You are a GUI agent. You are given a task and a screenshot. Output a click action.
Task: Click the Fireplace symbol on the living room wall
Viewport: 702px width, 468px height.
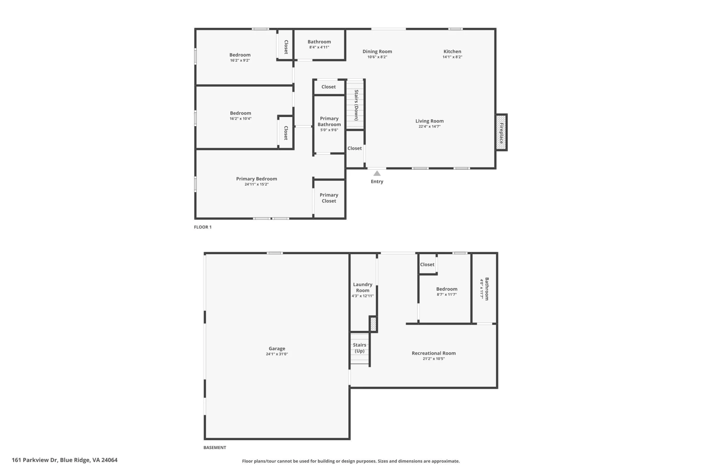tap(501, 132)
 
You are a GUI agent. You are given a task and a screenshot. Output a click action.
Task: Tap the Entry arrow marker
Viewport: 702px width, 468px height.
tap(377, 173)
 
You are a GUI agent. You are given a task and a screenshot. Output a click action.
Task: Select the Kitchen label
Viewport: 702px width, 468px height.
tap(452, 52)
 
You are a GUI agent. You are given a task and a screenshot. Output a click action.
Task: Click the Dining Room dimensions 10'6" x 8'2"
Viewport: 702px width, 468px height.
tap(377, 57)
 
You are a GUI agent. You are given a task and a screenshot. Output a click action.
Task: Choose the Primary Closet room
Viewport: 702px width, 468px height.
tap(329, 198)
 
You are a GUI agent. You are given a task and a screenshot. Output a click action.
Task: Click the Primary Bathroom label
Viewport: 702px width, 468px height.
tap(329, 121)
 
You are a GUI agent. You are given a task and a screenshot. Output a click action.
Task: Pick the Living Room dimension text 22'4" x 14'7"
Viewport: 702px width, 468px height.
tap(430, 127)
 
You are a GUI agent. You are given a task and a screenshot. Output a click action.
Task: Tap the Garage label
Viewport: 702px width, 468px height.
tap(277, 348)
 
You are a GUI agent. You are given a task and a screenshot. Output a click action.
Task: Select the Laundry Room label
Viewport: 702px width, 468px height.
tap(363, 287)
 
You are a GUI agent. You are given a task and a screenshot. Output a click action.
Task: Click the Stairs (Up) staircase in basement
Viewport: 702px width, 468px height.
tap(360, 348)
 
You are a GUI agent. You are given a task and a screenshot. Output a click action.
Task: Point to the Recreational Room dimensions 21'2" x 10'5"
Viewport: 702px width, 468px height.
tap(434, 359)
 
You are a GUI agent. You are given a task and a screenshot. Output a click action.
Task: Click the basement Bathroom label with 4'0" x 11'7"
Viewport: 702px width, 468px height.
tap(487, 289)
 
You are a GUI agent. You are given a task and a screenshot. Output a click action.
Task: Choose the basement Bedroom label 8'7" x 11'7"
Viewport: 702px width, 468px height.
tap(447, 289)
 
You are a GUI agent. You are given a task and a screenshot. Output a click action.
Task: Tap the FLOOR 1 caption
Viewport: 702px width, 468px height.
tap(203, 227)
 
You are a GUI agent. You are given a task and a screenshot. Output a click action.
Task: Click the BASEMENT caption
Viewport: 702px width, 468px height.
tap(215, 448)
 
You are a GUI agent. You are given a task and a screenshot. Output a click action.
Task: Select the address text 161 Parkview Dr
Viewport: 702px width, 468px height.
tap(35, 460)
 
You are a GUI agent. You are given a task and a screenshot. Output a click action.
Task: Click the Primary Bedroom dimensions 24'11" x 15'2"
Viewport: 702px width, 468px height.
tap(257, 184)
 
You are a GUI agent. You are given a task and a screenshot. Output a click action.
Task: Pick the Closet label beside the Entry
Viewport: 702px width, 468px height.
tap(355, 148)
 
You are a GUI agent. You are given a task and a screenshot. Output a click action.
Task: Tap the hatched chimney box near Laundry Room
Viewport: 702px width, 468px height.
tap(373, 324)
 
